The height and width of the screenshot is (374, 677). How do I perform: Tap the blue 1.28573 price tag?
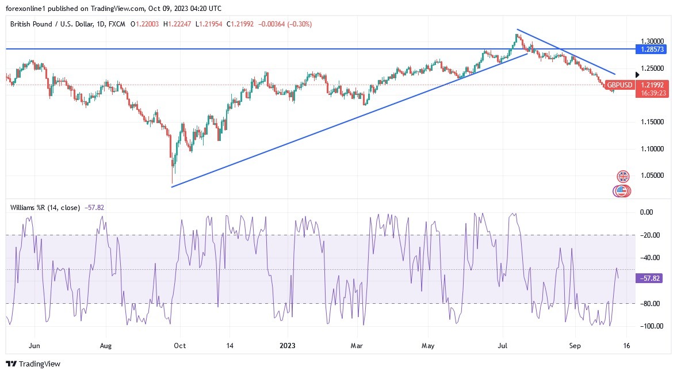coord(653,49)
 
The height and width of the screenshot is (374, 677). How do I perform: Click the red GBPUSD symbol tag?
coord(619,85)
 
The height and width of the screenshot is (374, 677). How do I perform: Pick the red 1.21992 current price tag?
coord(653,85)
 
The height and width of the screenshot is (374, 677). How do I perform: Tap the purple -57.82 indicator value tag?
coord(652,278)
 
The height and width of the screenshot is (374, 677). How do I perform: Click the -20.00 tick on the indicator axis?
coord(649,235)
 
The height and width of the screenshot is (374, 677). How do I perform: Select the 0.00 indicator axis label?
coord(647,212)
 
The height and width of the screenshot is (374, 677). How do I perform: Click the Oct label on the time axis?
coord(179,346)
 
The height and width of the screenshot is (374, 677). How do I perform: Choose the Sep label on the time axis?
coord(573,346)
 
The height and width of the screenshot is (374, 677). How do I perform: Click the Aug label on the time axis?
coord(105,346)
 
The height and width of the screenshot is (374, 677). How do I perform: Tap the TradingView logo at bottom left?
coord(33,364)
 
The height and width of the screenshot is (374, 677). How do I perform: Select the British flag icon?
coord(623,176)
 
